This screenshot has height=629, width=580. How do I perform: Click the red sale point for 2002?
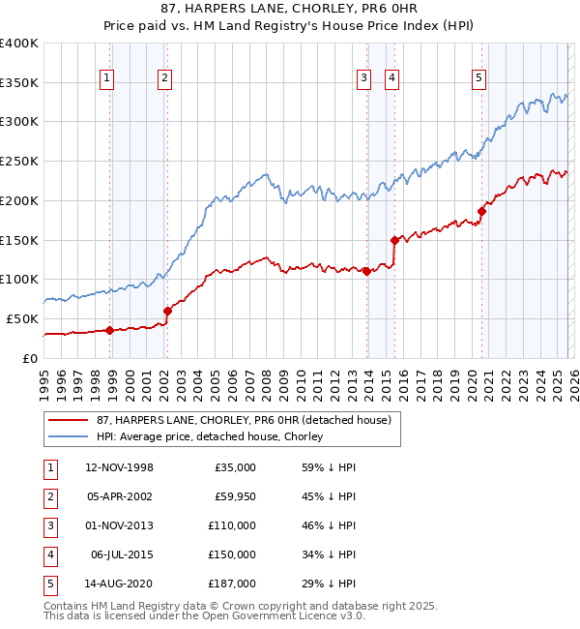(167, 311)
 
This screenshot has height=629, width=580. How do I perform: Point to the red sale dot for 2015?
(394, 240)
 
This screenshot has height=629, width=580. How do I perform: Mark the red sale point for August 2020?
(481, 210)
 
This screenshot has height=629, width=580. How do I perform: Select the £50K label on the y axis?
(23, 318)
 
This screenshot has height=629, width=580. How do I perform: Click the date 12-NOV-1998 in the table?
(119, 467)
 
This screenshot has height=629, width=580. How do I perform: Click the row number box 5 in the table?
(48, 584)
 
